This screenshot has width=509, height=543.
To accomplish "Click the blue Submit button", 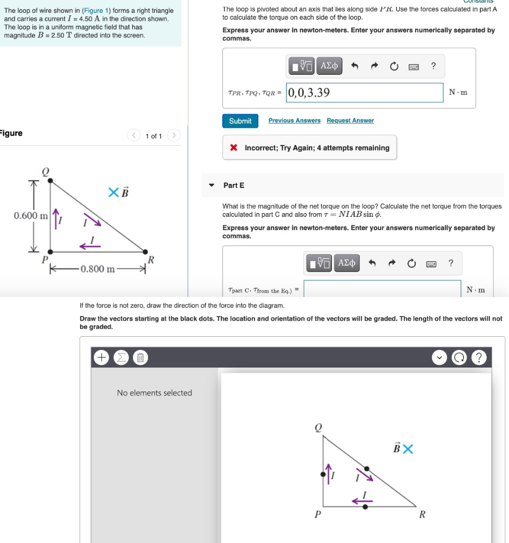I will (240, 121).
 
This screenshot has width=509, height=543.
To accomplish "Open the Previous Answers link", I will (294, 120).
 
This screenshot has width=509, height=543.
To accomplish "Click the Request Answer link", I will (350, 120).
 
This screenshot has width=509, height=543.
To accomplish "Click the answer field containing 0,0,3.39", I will (364, 93).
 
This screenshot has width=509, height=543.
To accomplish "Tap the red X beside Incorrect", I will (233, 148).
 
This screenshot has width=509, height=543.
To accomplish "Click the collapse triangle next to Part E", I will (212, 185).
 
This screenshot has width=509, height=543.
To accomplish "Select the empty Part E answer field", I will (382, 289).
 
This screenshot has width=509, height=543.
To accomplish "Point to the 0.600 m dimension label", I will (31, 215).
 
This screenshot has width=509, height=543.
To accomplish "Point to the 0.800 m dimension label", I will (98, 269).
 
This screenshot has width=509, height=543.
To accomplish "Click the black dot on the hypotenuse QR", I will (367, 469).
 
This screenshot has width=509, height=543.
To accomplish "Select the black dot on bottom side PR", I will (365, 507).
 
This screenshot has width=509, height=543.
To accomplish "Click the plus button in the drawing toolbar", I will (101, 358).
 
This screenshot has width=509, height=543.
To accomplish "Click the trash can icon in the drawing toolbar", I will (140, 358).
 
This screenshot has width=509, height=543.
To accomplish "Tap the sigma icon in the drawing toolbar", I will (120, 358).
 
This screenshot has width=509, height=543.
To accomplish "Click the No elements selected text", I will (154, 393).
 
